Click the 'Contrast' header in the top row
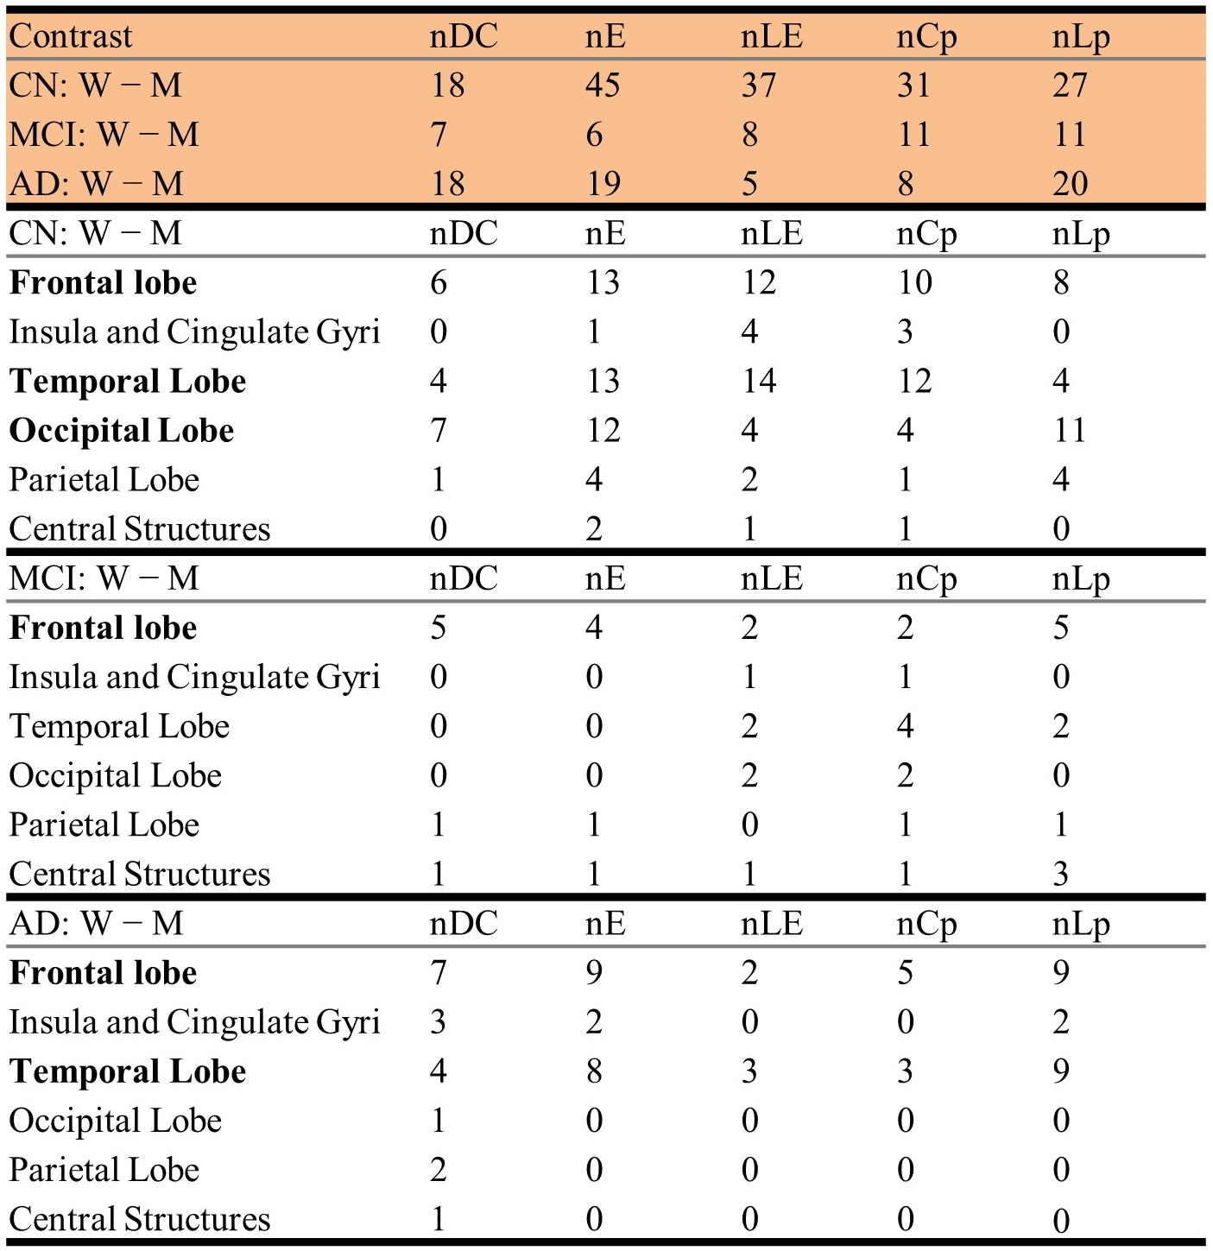[71, 36]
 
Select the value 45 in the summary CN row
[603, 85]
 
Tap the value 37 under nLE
[758, 85]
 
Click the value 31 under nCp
[913, 85]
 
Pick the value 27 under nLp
[1070, 85]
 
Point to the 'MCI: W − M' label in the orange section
[104, 135]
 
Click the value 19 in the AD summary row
[603, 184]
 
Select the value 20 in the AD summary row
[1070, 184]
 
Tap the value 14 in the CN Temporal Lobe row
[758, 381]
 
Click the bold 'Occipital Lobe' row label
[122, 431]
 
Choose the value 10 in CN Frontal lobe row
[913, 282]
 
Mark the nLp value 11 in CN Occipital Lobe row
[1069, 430]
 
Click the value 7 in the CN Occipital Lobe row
[439, 430]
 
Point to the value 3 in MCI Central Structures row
[1061, 875]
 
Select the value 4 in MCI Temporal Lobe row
[905, 726]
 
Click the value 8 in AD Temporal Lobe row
[594, 1071]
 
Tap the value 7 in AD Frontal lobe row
[439, 973]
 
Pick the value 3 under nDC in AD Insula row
[439, 1022]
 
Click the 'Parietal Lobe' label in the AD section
[104, 1170]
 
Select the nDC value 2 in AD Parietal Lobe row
[439, 1170]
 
